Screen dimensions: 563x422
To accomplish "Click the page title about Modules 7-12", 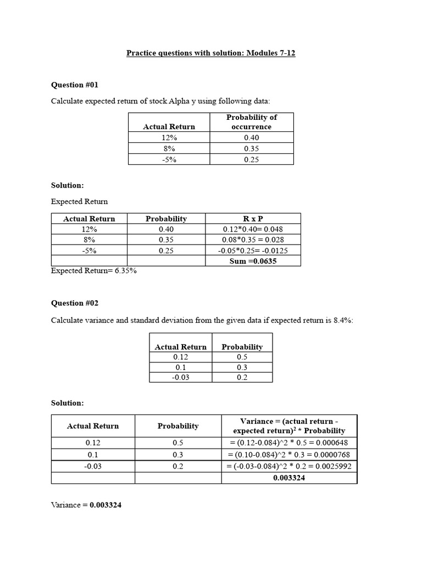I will [211, 53].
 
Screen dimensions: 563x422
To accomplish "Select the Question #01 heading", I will [75, 85].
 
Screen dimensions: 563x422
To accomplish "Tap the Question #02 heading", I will [75, 303].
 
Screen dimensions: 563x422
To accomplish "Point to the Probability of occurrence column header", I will [252, 122].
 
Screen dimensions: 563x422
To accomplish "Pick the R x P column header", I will [253, 218].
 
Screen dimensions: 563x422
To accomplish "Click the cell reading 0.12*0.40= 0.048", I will [253, 229].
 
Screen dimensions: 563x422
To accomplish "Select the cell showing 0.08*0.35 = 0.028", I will [253, 240].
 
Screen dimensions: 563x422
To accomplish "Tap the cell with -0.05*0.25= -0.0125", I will [253, 250].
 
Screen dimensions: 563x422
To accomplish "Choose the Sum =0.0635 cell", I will [253, 261].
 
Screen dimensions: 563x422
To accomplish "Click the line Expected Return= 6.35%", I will [94, 271].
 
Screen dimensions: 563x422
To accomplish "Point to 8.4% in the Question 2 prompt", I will [343, 320].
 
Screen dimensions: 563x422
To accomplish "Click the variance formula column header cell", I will [289, 426].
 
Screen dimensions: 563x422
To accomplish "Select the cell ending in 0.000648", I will [289, 443].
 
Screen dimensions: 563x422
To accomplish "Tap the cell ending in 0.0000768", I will [289, 455].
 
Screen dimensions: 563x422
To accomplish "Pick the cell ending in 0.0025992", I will [289, 466].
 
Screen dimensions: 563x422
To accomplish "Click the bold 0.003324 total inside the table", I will [289, 478].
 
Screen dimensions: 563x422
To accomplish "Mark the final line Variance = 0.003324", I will [86, 505].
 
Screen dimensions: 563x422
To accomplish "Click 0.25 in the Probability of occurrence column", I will [252, 159].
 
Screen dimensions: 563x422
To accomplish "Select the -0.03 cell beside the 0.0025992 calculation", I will [93, 466].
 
